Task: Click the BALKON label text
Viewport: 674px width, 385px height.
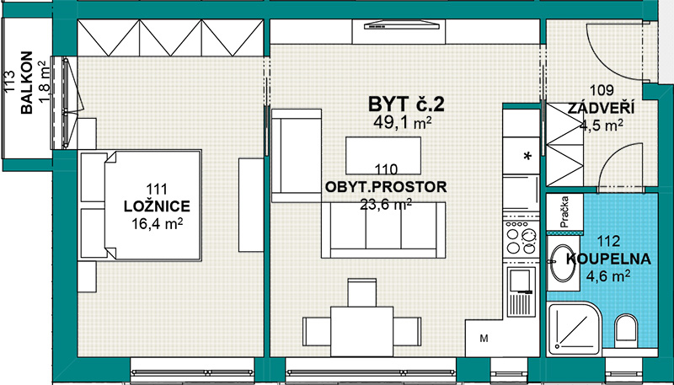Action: click(x=26, y=83)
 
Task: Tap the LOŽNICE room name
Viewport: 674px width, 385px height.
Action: click(x=157, y=206)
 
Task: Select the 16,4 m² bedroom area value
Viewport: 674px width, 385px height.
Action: click(x=157, y=223)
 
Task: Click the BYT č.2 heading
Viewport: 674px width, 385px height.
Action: click(x=406, y=104)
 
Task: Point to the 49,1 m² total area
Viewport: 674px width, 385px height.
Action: click(x=403, y=122)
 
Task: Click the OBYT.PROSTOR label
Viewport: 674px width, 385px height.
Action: click(x=386, y=187)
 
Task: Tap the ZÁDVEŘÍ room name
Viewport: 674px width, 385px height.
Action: click(x=601, y=109)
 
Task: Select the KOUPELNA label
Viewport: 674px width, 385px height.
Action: click(x=608, y=259)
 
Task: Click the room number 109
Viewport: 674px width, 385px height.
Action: click(x=602, y=91)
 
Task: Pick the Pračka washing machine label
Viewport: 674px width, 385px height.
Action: click(x=564, y=211)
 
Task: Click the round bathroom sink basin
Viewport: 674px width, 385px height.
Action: click(x=563, y=264)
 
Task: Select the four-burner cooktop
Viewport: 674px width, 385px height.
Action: click(x=521, y=238)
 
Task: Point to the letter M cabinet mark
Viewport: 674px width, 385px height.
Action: click(x=484, y=339)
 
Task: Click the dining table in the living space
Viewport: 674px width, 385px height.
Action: click(x=362, y=331)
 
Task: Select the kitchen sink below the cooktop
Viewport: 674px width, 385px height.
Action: click(x=522, y=291)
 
